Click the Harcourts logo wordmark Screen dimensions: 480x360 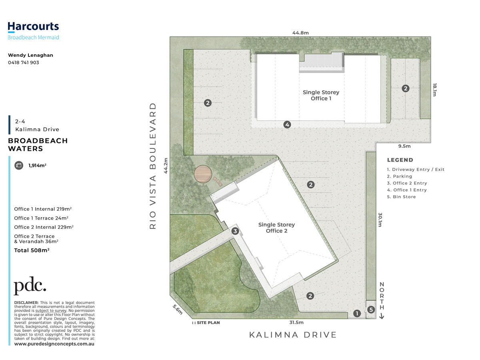33,26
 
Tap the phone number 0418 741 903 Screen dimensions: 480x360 24,62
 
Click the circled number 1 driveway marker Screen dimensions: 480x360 357,314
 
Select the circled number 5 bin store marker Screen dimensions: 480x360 371,310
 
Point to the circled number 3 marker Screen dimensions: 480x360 235,231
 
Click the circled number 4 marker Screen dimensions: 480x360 287,124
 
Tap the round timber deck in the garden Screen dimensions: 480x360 203,174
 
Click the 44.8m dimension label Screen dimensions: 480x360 300,33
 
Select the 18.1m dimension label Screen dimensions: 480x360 434,90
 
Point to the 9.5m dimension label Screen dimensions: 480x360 404,146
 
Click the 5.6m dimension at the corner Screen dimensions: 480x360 177,310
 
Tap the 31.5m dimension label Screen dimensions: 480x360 296,322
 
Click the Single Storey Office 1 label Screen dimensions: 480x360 321,95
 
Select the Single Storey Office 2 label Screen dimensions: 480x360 277,228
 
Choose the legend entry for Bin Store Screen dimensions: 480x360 401,197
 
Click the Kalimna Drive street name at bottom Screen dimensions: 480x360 293,335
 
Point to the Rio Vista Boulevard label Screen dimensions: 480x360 153,166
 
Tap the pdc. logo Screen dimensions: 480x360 30,286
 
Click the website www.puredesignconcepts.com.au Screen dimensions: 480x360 54,344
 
